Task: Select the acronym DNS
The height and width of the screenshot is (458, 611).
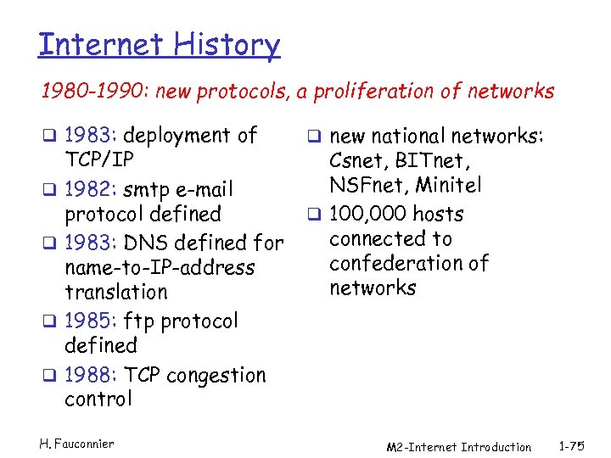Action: click(x=150, y=243)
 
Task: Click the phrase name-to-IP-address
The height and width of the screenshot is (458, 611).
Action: click(x=160, y=268)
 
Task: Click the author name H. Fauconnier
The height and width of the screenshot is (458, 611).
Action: click(x=76, y=444)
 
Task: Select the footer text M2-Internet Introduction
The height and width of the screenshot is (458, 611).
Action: click(x=458, y=447)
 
